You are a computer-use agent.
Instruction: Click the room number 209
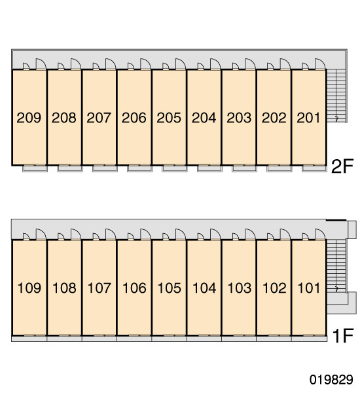pyautogui.click(x=29, y=118)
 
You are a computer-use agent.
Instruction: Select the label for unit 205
pyautogui.click(x=169, y=118)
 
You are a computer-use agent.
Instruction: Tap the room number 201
pyautogui.click(x=308, y=118)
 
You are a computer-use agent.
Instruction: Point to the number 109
pyautogui.click(x=29, y=288)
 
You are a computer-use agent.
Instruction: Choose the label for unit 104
pyautogui.click(x=204, y=288)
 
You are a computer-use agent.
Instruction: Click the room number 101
pyautogui.click(x=309, y=288)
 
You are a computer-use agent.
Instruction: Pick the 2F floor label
pyautogui.click(x=342, y=166)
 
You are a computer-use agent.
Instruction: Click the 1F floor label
pyautogui.click(x=343, y=336)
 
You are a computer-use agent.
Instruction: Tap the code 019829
pyautogui.click(x=331, y=379)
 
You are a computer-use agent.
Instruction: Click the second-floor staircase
pyautogui.click(x=336, y=96)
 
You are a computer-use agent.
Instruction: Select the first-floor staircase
pyautogui.click(x=336, y=266)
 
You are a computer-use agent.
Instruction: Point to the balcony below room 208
pyautogui.click(x=70, y=168)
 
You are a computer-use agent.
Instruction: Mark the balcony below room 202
pyautogui.click(x=279, y=168)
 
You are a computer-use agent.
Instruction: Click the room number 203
pyautogui.click(x=239, y=118)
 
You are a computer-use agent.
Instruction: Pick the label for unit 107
pyautogui.click(x=99, y=288)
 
